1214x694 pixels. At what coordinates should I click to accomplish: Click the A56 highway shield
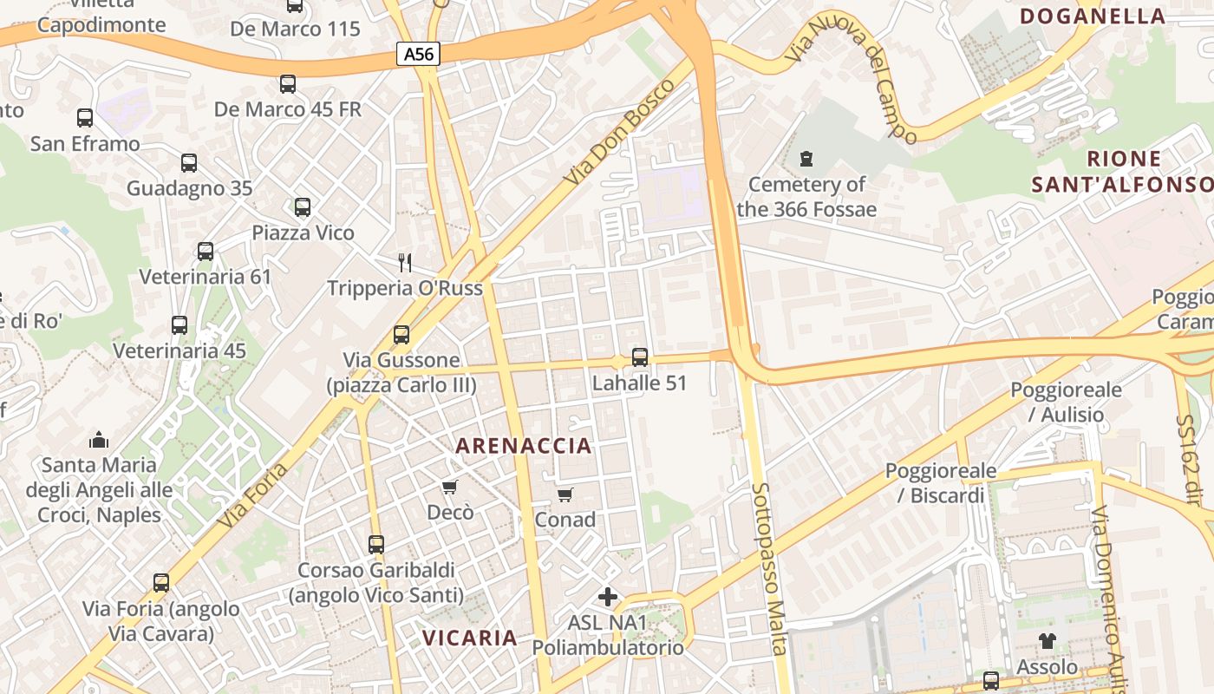[x=419, y=54]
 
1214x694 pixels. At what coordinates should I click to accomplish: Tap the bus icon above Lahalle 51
[x=640, y=357]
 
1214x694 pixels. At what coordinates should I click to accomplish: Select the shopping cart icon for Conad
[x=565, y=494]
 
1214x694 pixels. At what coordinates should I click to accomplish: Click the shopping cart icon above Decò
[x=449, y=487]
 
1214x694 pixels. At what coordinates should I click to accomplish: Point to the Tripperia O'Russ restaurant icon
[x=403, y=261]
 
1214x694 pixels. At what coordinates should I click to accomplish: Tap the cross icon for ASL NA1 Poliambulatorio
[x=608, y=597]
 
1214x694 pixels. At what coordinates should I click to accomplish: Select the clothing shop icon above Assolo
[x=1047, y=641]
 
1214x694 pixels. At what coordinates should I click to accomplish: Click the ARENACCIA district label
[x=524, y=446]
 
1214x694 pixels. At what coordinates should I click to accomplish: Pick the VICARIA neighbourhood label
[x=469, y=638]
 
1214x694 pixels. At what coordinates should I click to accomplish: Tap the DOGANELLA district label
[x=1093, y=16]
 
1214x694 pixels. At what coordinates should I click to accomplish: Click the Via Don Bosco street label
[x=619, y=131]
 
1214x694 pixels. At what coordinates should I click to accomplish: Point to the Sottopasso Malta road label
[x=769, y=568]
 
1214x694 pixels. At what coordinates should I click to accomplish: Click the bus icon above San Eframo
[x=85, y=117]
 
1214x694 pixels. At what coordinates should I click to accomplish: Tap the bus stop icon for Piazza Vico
[x=303, y=207]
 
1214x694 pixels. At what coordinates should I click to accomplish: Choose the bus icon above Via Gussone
[x=401, y=334]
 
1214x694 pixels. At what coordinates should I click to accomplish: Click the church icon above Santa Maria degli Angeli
[x=99, y=440]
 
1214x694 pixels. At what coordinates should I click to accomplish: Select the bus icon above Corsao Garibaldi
[x=376, y=544]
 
